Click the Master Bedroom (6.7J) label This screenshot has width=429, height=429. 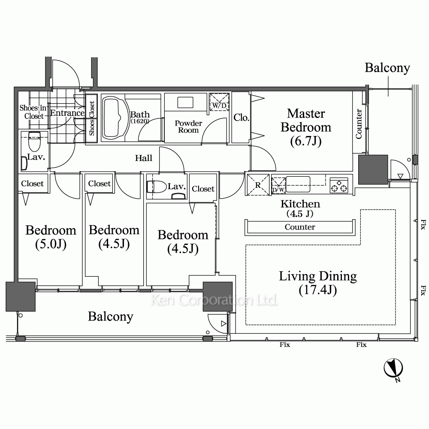pos(306,127)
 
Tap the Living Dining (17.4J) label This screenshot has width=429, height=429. pos(317,283)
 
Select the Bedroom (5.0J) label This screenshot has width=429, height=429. pos(51,237)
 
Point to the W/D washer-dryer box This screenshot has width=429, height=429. pos(219,102)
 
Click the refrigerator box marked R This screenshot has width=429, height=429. pos(258,184)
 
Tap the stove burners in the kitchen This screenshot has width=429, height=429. pos(339,185)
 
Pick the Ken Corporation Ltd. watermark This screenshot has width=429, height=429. pos(214,300)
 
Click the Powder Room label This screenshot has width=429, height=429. pos(188,127)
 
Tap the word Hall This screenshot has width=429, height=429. pos(144,158)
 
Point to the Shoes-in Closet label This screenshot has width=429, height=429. pos(33,112)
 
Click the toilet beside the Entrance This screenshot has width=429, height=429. pos(34,141)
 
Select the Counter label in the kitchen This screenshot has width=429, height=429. pos(300,227)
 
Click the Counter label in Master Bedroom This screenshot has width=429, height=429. pos(359,124)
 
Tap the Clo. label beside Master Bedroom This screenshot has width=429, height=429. pos(241,118)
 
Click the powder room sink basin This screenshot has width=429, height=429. pos(185,103)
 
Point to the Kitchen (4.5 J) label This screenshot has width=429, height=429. pos(300,208)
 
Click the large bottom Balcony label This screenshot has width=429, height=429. pos(111,317)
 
